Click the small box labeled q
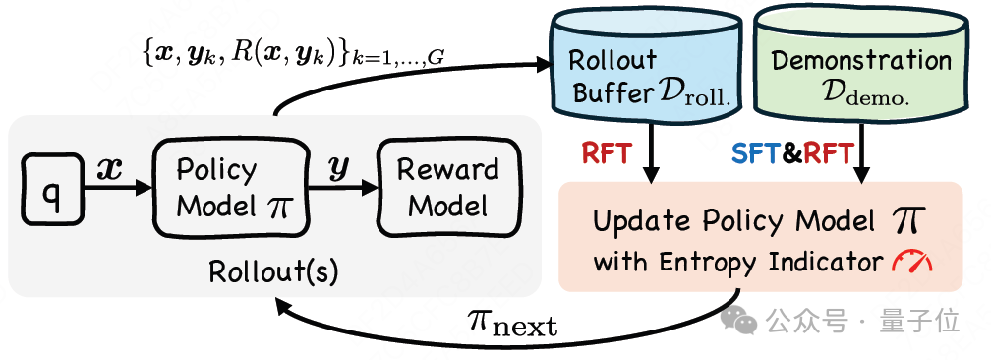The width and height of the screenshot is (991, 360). pos(52,189)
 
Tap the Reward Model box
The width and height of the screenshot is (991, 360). pos(448,189)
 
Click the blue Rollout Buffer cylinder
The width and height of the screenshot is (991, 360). pos(646,63)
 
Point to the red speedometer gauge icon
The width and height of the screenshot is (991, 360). pos(911,262)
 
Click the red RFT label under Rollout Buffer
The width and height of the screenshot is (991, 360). pos(606,153)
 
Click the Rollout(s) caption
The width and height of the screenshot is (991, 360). pos(273,271)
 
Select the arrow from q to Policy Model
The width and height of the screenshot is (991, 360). pos(118,189)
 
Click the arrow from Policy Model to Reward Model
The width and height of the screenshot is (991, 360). pos(342,189)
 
